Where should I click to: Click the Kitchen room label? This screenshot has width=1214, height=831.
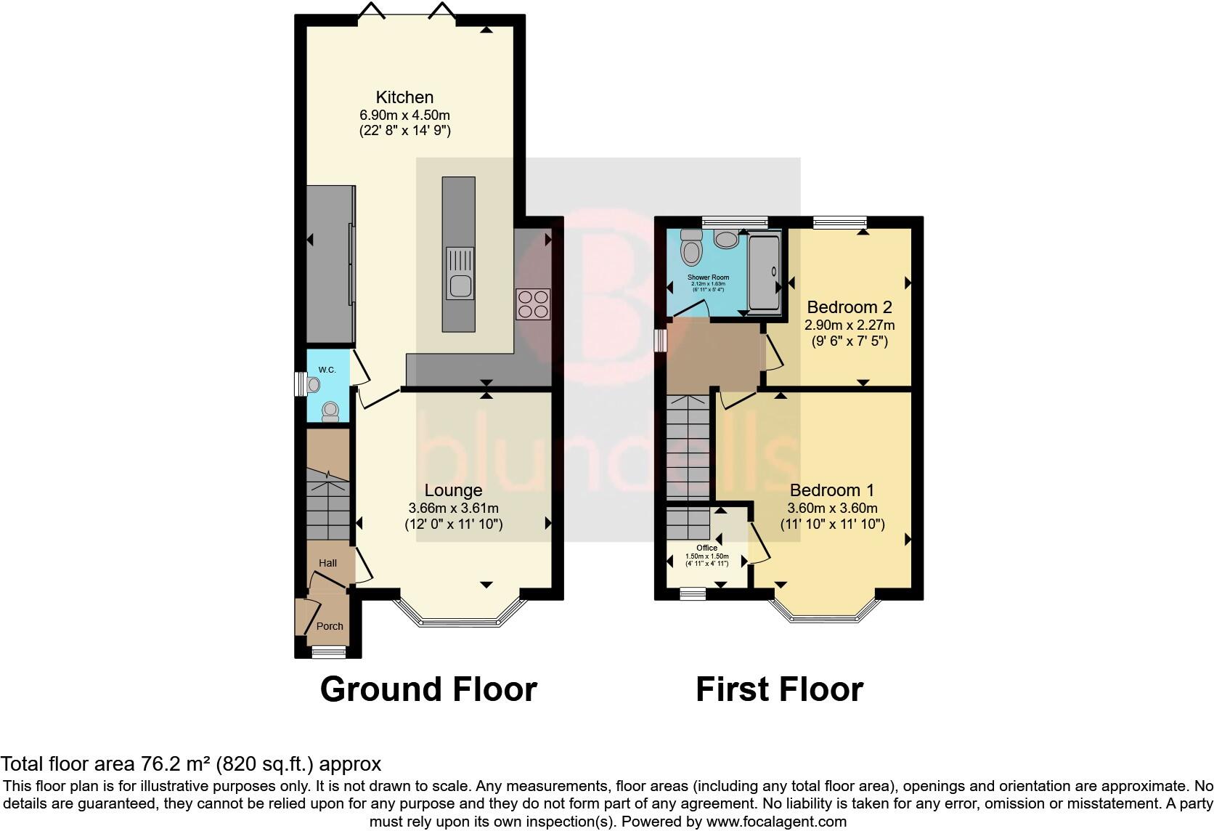pos(404,97)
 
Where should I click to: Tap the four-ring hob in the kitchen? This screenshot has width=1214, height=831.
pos(533,304)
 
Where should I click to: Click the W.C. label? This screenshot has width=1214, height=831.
pos(327,370)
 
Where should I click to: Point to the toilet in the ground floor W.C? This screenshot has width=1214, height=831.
pos(330,411)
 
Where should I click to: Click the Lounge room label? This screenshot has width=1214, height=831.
pos(453,491)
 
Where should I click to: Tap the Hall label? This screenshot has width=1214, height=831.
pos(327,563)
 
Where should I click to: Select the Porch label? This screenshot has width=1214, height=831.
pos(330,626)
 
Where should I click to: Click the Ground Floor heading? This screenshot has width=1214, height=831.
pos(428,689)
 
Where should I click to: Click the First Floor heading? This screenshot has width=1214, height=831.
pos(779,689)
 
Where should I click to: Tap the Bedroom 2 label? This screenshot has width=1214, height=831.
pos(849,307)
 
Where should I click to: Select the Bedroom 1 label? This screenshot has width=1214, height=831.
pos(832,490)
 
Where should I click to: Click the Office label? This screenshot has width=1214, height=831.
pos(706,548)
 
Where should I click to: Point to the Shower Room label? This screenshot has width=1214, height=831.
pos(708,277)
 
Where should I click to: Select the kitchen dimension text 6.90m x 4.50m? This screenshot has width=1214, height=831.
pos(404,115)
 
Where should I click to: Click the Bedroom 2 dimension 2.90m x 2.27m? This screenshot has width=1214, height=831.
pos(849,325)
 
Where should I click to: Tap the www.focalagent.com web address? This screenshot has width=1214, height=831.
pos(775,822)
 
